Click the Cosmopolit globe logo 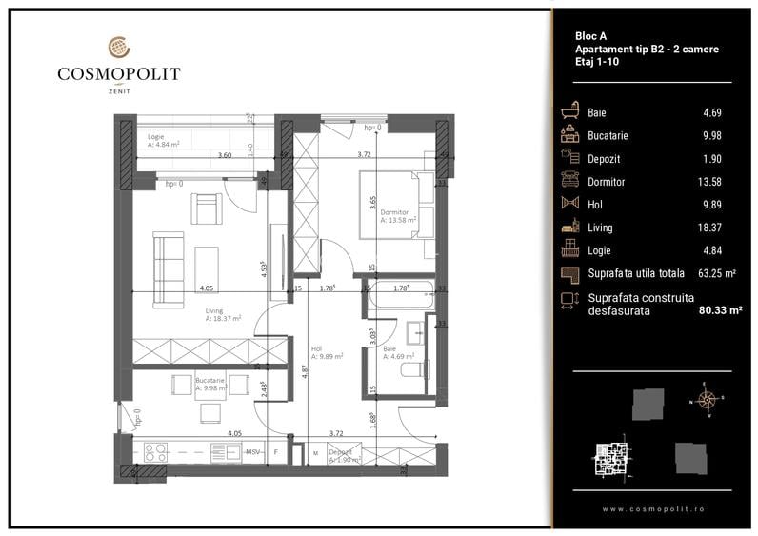[x=118, y=46]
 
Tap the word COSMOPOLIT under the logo [x=118, y=72]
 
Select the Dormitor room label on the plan [x=393, y=215]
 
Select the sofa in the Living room [x=170, y=270]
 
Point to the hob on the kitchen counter [x=155, y=452]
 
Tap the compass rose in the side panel [x=706, y=398]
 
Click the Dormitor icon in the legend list [x=571, y=181]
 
